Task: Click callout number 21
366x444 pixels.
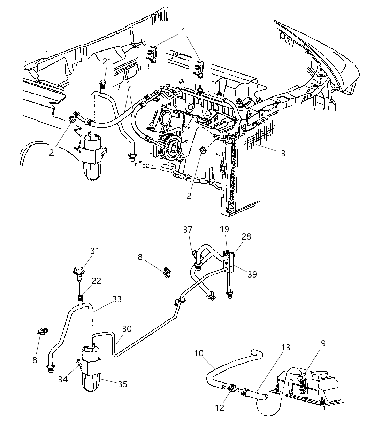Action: coord(107,61)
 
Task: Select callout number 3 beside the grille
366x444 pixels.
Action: coord(283,153)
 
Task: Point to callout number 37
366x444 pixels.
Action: coord(188,230)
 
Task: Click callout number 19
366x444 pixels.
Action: coord(224,229)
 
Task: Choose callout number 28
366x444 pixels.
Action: coord(246,237)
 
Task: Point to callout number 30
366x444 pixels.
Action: coord(127,329)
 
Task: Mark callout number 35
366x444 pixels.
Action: coord(122,384)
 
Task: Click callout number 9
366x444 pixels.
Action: coord(323,344)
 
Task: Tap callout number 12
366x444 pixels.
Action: coord(220,407)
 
